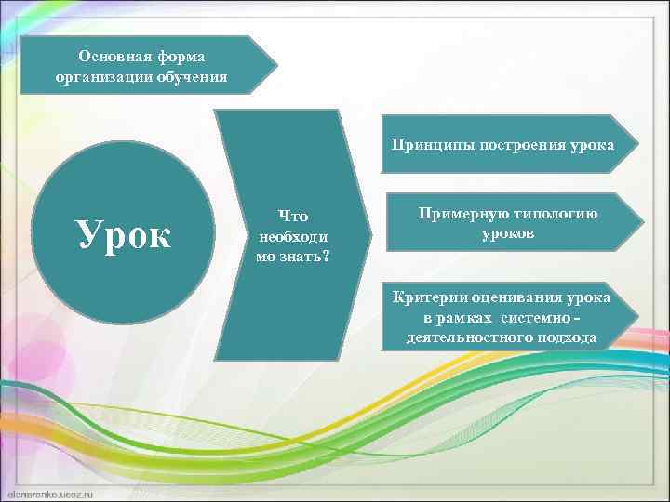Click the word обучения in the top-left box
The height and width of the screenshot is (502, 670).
pyautogui.click(x=193, y=75)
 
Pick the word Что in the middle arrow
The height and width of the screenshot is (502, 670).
pyautogui.click(x=292, y=217)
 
